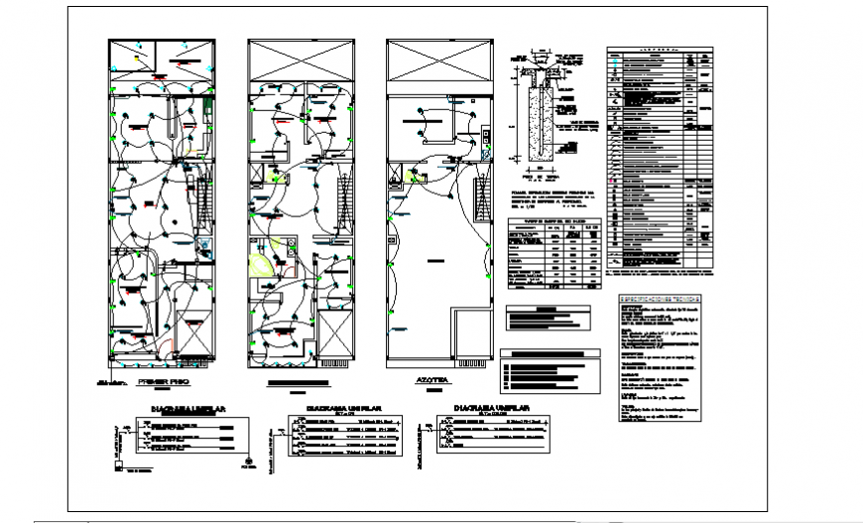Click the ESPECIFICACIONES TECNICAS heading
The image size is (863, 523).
pos(660,299)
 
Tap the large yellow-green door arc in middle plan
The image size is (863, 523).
pos(264,264)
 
